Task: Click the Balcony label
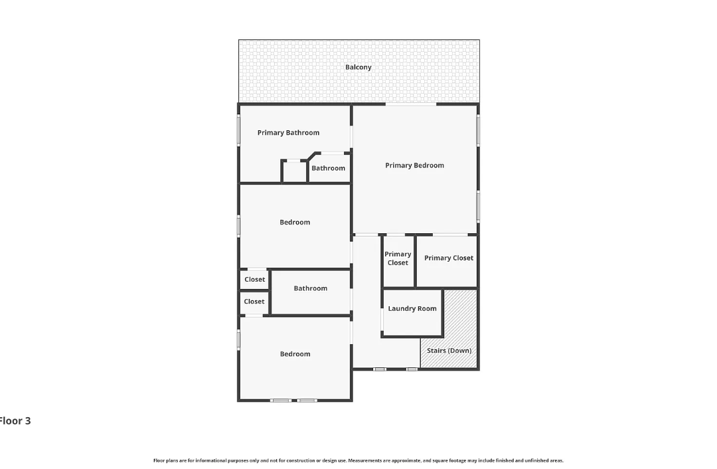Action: pyautogui.click(x=358, y=67)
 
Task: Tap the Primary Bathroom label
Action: pyautogui.click(x=288, y=133)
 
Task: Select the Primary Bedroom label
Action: pyautogui.click(x=414, y=165)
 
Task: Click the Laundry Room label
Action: pyautogui.click(x=412, y=308)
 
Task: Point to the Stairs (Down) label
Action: pyautogui.click(x=449, y=351)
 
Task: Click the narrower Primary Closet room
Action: pyautogui.click(x=398, y=261)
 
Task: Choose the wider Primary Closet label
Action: pyautogui.click(x=449, y=258)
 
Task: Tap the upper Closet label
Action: pyautogui.click(x=255, y=280)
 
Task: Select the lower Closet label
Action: pyautogui.click(x=254, y=302)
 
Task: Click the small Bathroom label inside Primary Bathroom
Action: pyautogui.click(x=329, y=168)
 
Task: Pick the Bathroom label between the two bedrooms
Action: pyautogui.click(x=311, y=288)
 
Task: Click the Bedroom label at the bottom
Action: pyautogui.click(x=295, y=353)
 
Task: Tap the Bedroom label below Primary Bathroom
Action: pyautogui.click(x=295, y=223)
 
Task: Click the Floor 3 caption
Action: pyautogui.click(x=15, y=421)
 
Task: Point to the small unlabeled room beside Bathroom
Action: pyautogui.click(x=294, y=171)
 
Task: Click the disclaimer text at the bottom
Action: pyautogui.click(x=358, y=461)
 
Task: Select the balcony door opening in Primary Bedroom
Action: pyautogui.click(x=411, y=104)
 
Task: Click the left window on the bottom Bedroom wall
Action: pyautogui.click(x=280, y=401)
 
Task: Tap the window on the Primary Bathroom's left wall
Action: pyautogui.click(x=238, y=130)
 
